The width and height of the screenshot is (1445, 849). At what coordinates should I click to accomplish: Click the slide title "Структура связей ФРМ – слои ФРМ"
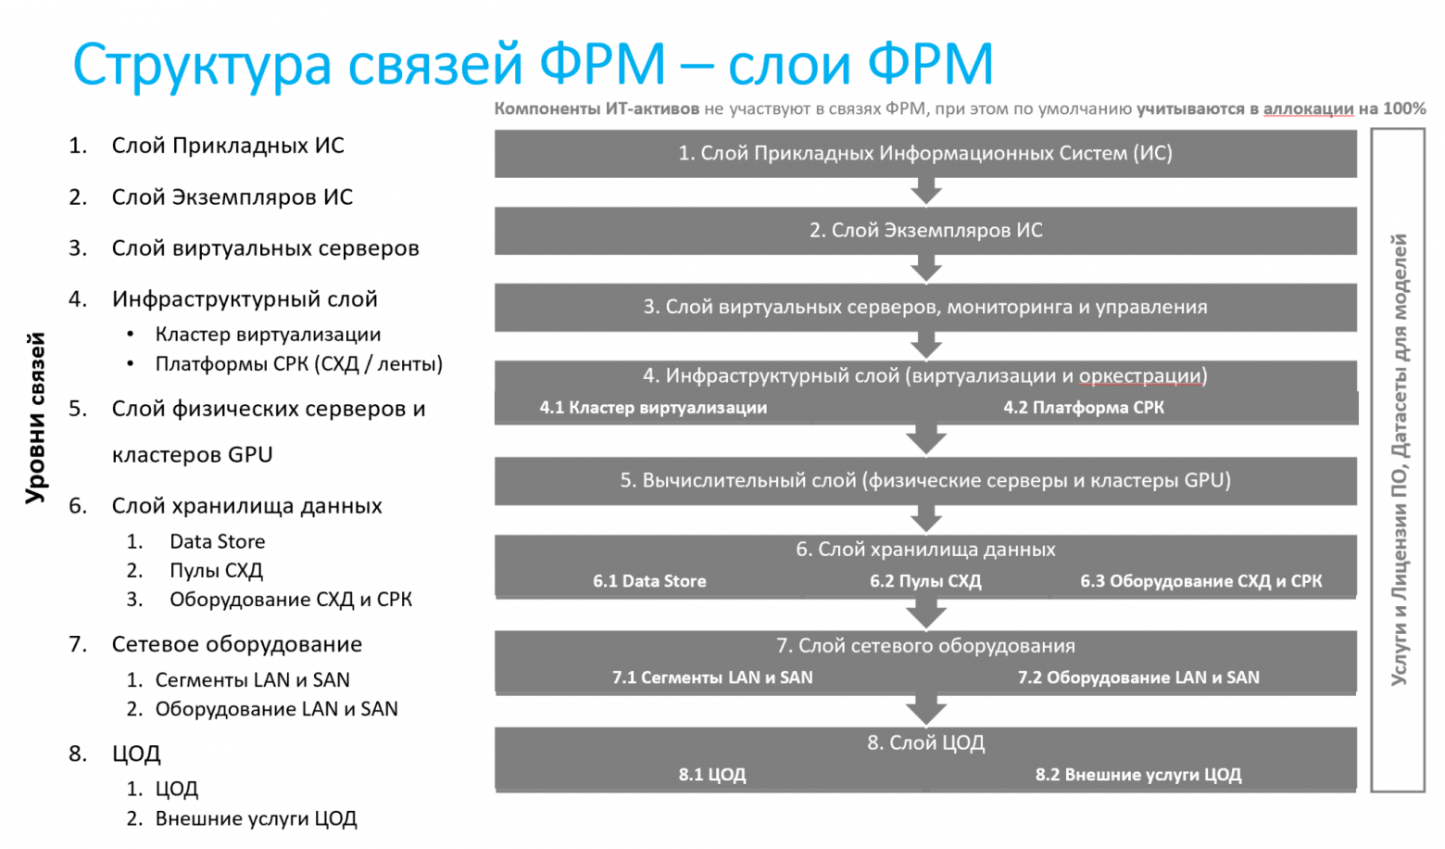(533, 65)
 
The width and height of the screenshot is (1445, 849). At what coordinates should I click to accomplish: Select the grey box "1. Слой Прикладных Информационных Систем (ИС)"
(924, 153)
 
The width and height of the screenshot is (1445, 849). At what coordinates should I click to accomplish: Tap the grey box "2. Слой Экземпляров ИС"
(924, 230)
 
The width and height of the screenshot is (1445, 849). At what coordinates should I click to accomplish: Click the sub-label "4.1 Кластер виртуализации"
(653, 408)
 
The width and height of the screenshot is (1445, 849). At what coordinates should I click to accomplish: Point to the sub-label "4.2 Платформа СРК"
(1083, 408)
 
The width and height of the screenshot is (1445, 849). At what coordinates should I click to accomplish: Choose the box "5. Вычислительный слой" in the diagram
(924, 480)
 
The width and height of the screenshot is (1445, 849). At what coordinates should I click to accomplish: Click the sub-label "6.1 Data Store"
(649, 581)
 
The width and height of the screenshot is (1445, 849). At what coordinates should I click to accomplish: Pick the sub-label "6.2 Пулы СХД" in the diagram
(924, 581)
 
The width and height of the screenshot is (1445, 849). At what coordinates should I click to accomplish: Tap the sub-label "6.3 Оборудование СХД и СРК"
(1200, 581)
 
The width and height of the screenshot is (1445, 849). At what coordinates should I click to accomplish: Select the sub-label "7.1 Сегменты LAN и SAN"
(711, 678)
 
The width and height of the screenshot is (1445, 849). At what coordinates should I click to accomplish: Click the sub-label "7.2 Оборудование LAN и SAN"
(1137, 678)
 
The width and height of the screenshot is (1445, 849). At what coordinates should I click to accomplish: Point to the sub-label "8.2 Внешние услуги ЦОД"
(1137, 775)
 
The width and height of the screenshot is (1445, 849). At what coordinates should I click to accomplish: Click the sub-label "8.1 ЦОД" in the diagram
(711, 775)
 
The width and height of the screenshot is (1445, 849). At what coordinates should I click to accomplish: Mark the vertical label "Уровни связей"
(35, 418)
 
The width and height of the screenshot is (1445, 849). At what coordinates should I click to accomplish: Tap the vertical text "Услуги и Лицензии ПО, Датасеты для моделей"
(1399, 459)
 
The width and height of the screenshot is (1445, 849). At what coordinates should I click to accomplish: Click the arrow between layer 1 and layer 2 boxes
(925, 192)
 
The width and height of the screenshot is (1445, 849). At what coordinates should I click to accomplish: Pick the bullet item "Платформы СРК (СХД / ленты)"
(298, 364)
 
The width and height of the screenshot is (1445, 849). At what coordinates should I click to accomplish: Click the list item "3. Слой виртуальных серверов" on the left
(265, 248)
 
